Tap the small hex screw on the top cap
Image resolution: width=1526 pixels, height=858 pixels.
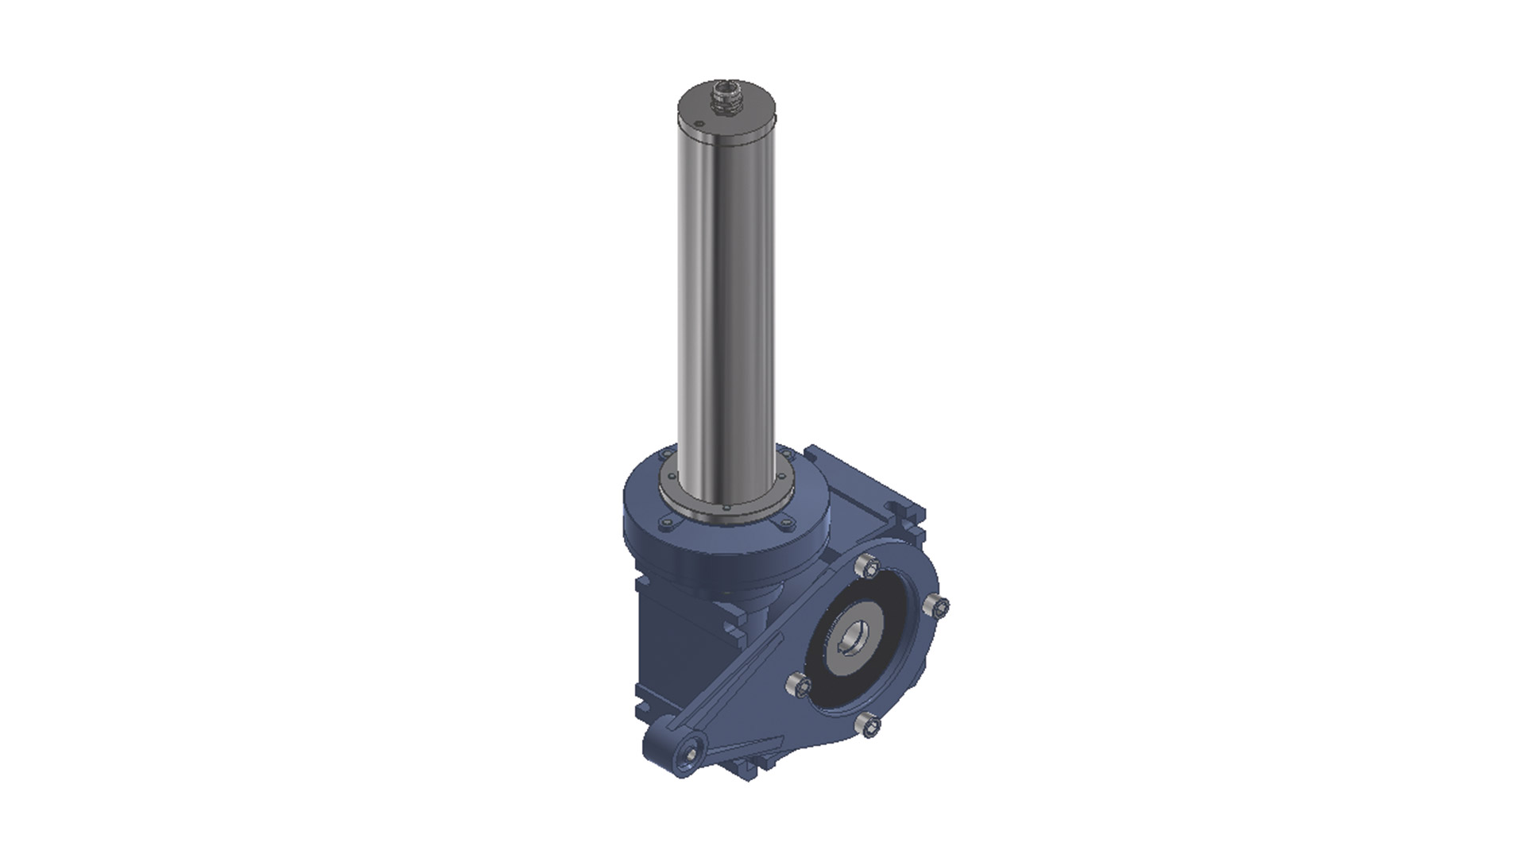[x=698, y=124]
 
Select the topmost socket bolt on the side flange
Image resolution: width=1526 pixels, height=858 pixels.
[x=869, y=567]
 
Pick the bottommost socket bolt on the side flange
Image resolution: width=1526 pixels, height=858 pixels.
[x=870, y=725]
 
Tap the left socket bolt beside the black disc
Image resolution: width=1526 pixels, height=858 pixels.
[x=798, y=684]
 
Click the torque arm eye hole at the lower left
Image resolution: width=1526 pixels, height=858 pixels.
[x=693, y=750]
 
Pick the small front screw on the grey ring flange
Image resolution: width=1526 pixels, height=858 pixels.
[x=725, y=508]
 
